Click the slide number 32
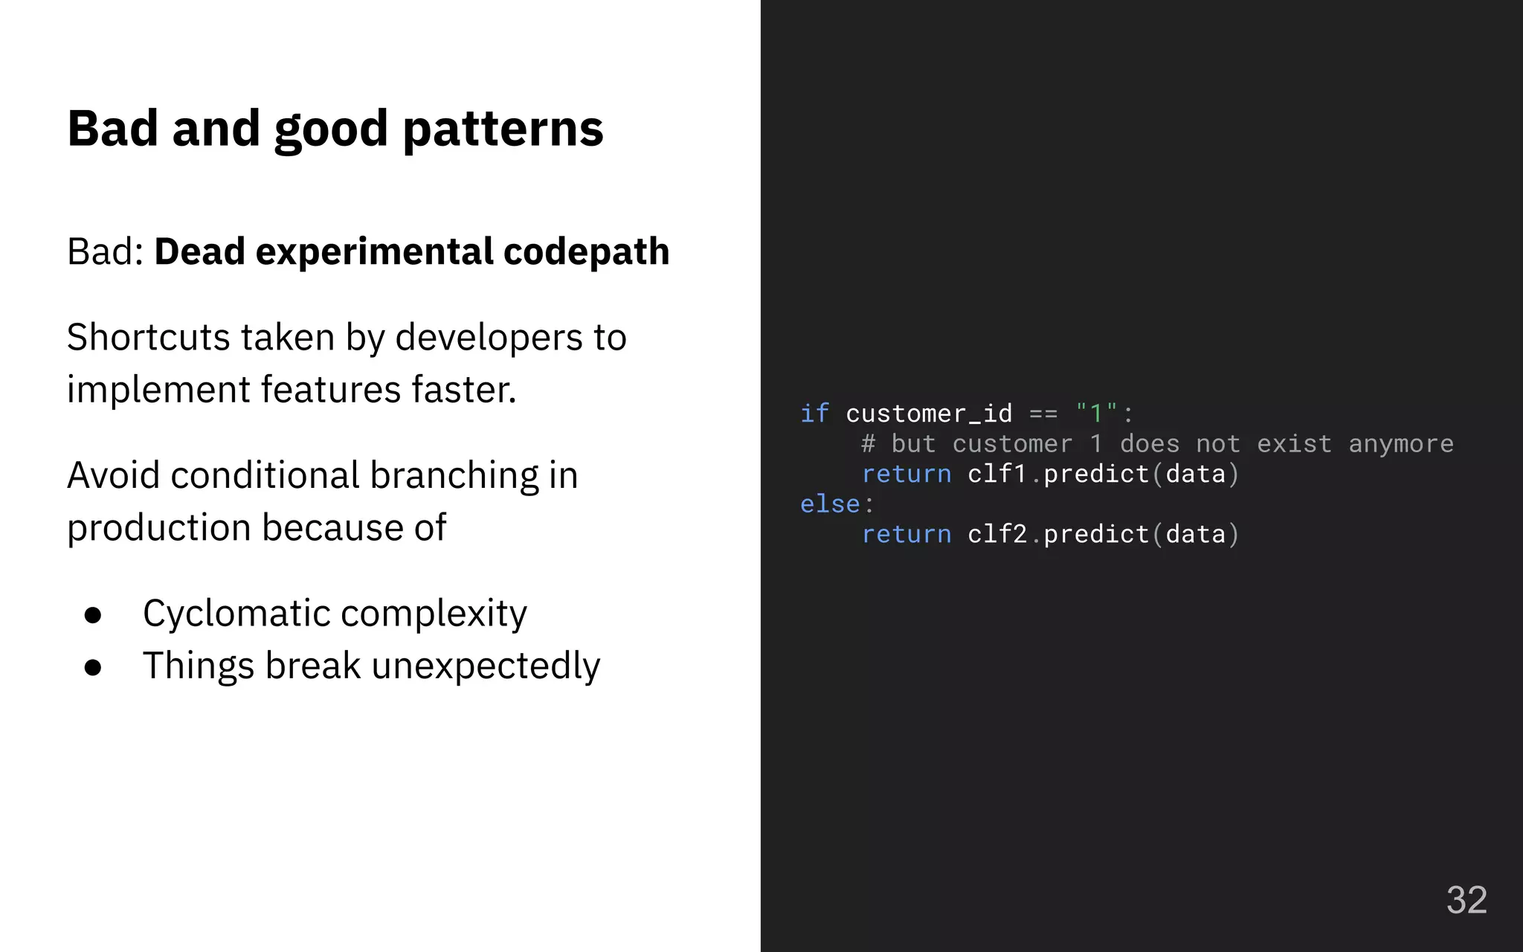(x=1466, y=900)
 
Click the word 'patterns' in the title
(x=503, y=129)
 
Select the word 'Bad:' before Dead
(x=105, y=251)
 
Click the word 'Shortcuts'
(x=148, y=338)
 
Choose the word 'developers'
(x=489, y=338)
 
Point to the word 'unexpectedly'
(x=485, y=666)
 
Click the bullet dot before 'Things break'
(x=93, y=667)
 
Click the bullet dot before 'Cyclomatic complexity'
(x=93, y=615)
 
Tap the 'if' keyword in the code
(x=814, y=414)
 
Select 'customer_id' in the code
(x=929, y=414)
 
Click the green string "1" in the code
(x=1095, y=413)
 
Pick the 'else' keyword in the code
(x=830, y=504)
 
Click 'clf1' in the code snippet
(x=997, y=474)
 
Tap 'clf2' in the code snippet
(x=997, y=534)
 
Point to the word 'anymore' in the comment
(x=1400, y=444)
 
